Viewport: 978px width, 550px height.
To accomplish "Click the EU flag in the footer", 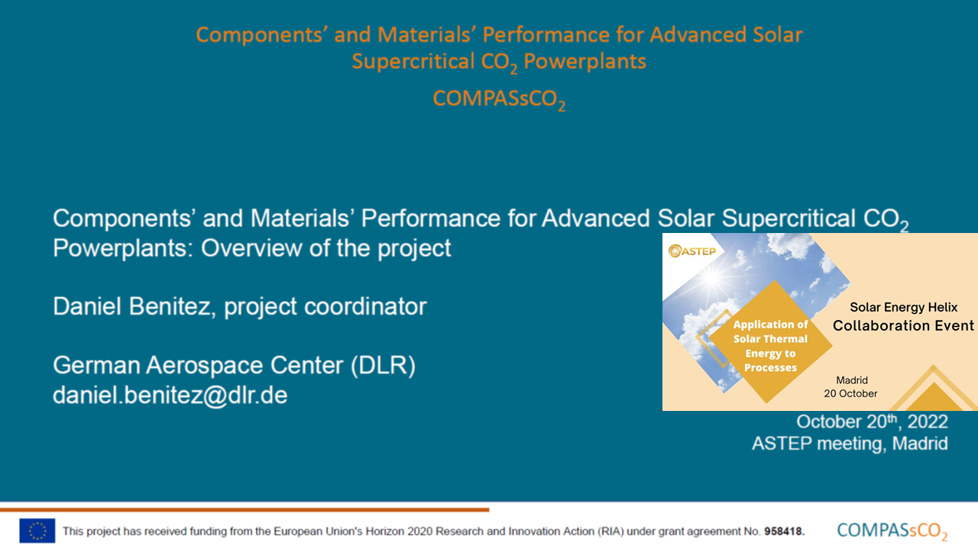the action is click(x=37, y=530).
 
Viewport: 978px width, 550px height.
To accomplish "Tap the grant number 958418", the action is click(x=784, y=531).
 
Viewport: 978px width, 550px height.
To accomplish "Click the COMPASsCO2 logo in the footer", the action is click(x=892, y=532).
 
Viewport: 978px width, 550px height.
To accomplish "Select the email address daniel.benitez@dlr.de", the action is click(x=170, y=395).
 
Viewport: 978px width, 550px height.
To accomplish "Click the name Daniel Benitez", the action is click(x=131, y=306).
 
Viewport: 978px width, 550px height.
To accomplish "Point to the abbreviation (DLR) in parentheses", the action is click(x=383, y=365).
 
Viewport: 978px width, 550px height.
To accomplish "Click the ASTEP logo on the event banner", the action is click(x=692, y=251).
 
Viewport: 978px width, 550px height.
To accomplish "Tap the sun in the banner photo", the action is click(x=711, y=277).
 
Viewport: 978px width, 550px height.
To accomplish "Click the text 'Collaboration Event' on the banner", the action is click(x=903, y=325).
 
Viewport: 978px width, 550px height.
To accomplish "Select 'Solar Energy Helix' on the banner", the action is click(x=903, y=307).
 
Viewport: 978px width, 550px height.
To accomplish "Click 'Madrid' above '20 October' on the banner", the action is click(x=852, y=380).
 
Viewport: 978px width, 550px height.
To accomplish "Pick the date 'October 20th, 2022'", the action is click(x=872, y=422).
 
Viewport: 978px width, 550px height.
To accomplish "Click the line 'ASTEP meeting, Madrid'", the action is click(x=850, y=444).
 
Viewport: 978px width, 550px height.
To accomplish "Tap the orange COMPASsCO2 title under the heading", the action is click(x=499, y=99).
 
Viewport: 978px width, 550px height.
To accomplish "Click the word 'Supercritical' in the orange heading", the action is click(x=413, y=61).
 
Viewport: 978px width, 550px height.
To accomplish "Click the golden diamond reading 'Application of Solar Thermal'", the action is click(x=770, y=341).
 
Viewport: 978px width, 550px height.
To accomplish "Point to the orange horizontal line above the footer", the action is click(x=244, y=510).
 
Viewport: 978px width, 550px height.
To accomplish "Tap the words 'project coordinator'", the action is click(x=325, y=306).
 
